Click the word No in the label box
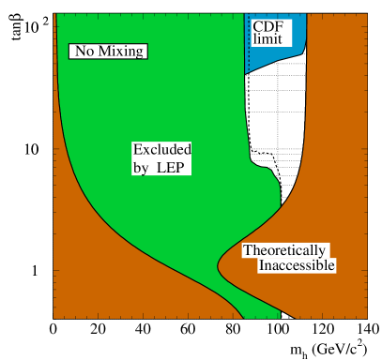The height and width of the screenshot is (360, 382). pyautogui.click(x=85, y=51)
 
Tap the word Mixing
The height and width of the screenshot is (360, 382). pyautogui.click(x=119, y=51)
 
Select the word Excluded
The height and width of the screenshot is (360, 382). pyautogui.click(x=162, y=150)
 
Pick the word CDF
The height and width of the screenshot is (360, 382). pyautogui.click(x=267, y=26)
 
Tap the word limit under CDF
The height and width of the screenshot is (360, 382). pyautogui.click(x=267, y=40)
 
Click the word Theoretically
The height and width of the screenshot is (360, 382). pyautogui.click(x=285, y=250)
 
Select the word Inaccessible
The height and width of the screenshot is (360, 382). pyautogui.click(x=297, y=266)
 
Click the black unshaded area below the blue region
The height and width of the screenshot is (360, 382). pyautogui.click(x=282, y=122)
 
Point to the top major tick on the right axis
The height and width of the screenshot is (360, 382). pyautogui.click(x=363, y=27)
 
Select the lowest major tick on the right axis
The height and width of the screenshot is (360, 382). pyautogui.click(x=363, y=270)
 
